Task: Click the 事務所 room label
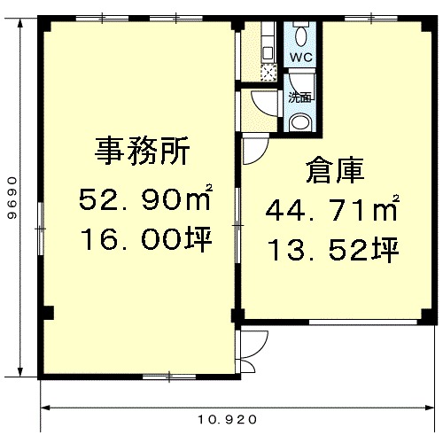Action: point(143,151)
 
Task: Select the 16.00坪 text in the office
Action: point(146,239)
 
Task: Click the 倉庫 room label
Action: point(335,170)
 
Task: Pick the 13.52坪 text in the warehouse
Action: point(334,250)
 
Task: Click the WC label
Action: point(301,57)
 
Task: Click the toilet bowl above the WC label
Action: point(301,36)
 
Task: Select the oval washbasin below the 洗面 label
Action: point(299,122)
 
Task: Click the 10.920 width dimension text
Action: point(227,419)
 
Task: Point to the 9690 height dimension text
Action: point(12,198)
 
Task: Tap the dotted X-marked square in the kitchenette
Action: point(268,73)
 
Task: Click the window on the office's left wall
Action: point(41,229)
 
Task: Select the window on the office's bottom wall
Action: point(169,377)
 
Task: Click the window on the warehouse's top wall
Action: point(371,19)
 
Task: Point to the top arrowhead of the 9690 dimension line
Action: point(20,24)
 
